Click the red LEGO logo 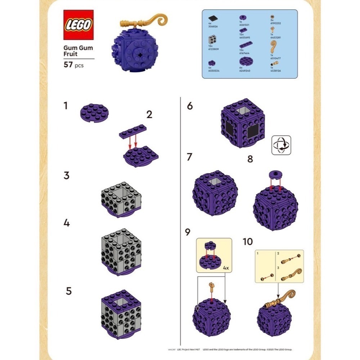coord(78,25)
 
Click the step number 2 coord(149,115)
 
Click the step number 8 coord(250,159)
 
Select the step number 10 coord(248,242)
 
